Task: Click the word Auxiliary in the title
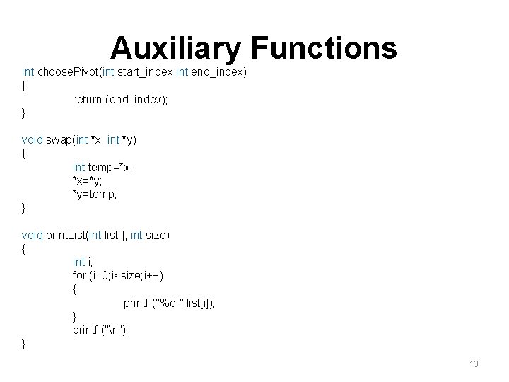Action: (177, 48)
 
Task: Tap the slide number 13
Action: (474, 364)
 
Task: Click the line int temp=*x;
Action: (103, 167)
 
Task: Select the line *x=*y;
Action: (88, 180)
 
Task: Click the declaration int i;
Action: (83, 262)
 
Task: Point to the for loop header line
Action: (112, 275)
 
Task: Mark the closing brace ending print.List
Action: (25, 344)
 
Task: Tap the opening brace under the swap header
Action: (25, 154)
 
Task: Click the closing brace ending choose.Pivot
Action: (25, 113)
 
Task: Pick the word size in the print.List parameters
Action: (156, 234)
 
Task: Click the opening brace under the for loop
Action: (75, 289)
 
